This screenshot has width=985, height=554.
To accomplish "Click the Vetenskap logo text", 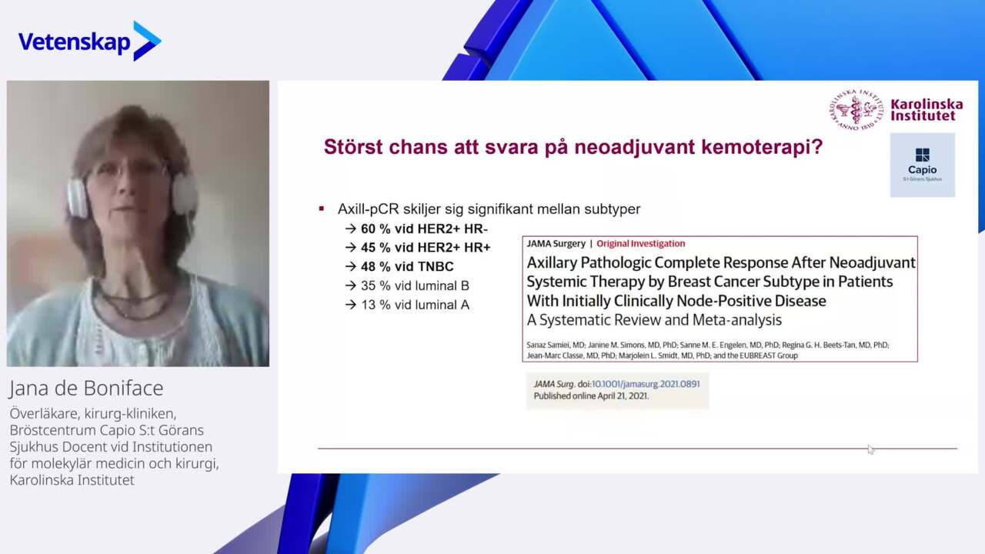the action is point(74,42).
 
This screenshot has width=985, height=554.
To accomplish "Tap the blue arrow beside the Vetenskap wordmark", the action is point(147,41).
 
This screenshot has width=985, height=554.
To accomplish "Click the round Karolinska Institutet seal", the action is point(856,110).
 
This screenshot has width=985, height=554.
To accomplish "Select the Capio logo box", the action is point(922,165).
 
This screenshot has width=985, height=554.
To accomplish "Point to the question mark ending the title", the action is point(818,146).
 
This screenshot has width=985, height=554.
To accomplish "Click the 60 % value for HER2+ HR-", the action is point(376,229).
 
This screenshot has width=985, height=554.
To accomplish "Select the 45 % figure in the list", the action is point(376,248).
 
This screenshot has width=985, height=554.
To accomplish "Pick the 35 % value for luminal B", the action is point(376,285).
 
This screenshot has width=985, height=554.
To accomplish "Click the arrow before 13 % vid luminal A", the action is point(350,305).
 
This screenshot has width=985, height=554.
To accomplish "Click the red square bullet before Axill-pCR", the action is point(322,209).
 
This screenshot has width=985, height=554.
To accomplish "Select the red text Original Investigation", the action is point(641,244).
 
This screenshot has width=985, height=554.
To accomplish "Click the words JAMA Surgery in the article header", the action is point(556,244).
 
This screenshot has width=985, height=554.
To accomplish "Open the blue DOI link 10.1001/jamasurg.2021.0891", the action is point(646,384).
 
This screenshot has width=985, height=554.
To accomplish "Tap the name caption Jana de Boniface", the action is point(86,388).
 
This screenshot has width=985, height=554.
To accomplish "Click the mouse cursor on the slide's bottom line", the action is point(870,449).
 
